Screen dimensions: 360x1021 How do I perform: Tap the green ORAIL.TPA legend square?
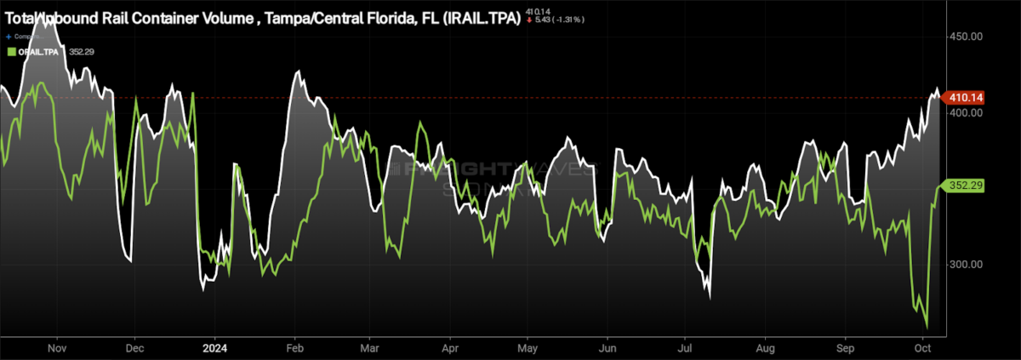coord(9,52)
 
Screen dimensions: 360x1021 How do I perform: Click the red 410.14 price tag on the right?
coord(967,98)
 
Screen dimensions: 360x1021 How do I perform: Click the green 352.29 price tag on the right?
coord(967,185)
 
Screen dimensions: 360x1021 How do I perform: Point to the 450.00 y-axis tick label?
coord(966,37)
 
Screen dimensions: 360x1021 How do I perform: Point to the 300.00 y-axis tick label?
coord(966,265)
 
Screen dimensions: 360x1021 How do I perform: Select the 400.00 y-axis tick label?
coord(966,112)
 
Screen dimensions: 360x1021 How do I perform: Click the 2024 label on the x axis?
coord(214,348)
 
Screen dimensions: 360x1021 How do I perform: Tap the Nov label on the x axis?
coord(57,348)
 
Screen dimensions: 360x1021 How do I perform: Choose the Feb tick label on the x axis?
coord(295,348)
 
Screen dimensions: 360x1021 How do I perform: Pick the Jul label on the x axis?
coord(686,348)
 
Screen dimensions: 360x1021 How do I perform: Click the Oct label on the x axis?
coord(924,348)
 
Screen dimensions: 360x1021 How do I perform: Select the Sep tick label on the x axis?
coord(846,348)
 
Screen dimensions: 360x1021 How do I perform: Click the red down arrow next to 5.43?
coord(530,20)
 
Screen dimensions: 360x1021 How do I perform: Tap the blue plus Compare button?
coord(9,37)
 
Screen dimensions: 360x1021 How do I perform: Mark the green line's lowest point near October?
coord(926,327)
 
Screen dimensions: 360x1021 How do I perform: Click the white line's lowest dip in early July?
coord(709,295)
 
